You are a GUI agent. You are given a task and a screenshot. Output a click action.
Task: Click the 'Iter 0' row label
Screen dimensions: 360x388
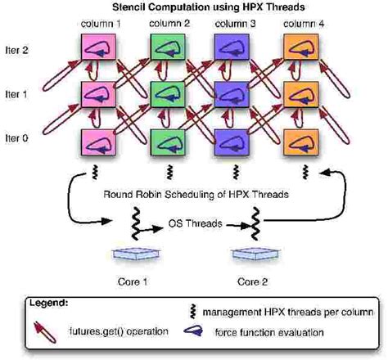tap(18, 137)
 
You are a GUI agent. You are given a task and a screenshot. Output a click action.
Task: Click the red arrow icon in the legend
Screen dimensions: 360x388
tap(42, 330)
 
